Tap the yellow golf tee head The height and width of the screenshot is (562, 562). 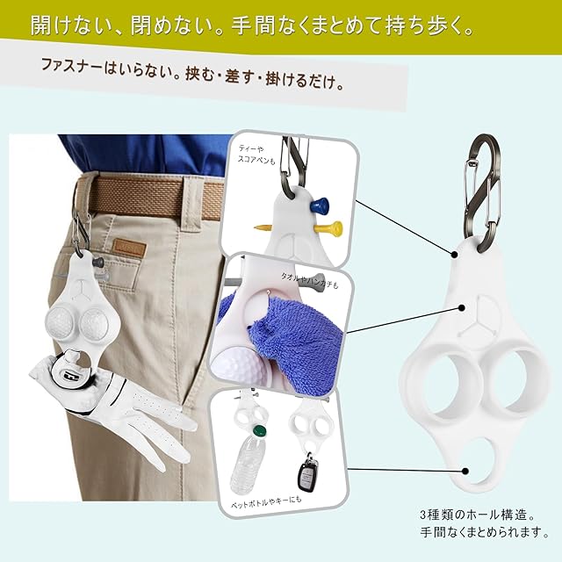(334, 227)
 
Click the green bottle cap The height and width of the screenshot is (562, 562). (259, 431)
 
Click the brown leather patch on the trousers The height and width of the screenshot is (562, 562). (129, 248)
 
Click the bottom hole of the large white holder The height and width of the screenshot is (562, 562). (476, 460)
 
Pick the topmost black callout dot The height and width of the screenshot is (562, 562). (454, 255)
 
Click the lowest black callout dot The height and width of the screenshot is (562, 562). (465, 471)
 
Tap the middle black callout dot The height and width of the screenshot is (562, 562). (462, 308)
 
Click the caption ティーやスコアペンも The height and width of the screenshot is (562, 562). (256, 155)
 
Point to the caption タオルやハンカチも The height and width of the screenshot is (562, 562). (309, 280)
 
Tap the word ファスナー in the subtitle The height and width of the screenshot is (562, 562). (72, 67)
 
